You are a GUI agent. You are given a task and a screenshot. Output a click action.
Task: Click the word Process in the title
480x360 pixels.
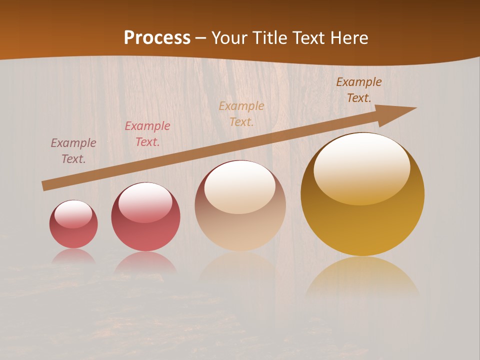tap(157, 38)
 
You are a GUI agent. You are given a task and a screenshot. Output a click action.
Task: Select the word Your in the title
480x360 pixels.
tap(228, 38)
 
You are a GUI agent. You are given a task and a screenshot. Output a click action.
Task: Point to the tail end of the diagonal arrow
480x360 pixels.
tap(44, 186)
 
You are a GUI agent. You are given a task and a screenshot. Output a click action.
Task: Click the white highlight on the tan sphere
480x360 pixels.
tap(240, 187)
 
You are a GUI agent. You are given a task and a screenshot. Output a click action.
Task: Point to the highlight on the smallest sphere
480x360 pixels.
tap(73, 213)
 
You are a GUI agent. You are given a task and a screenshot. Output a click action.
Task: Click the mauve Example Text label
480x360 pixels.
tap(73, 151)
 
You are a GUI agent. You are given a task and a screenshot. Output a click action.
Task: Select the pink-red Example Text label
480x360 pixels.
tap(147, 134)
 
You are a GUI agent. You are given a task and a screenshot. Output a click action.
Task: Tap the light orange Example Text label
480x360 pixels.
tap(241, 114)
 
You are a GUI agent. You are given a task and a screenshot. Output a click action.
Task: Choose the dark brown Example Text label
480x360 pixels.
tap(359, 90)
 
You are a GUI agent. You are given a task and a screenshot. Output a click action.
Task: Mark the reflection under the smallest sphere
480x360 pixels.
tap(73, 257)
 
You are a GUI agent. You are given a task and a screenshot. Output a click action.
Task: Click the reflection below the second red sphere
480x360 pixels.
tap(145, 262)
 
